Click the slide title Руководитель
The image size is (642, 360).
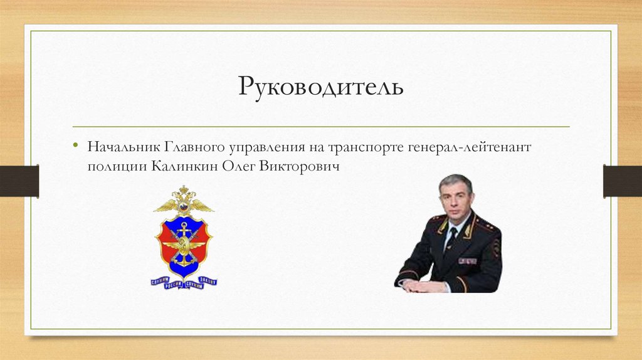tap(320, 87)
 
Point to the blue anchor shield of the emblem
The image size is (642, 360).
tap(184, 241)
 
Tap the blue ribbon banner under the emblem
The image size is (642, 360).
tap(184, 283)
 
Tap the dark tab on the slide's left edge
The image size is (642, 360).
tap(19, 181)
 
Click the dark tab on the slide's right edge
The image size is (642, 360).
tap(622, 181)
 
